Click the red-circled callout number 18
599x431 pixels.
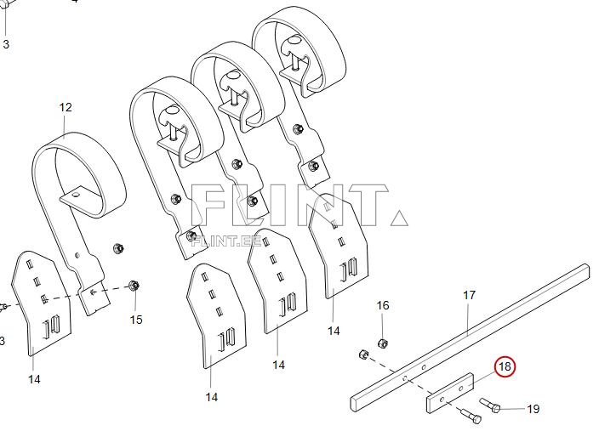pyautogui.click(x=505, y=366)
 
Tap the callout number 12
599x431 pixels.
pyautogui.click(x=66, y=107)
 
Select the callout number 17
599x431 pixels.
pyautogui.click(x=470, y=295)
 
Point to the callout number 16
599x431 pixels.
pyautogui.click(x=383, y=305)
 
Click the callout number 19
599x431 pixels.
pyautogui.click(x=533, y=409)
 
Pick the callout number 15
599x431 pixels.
pyautogui.click(x=136, y=320)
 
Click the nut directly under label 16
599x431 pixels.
pyautogui.click(x=383, y=343)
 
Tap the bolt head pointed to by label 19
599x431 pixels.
pyautogui.click(x=495, y=409)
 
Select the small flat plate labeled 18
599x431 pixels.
pyautogui.click(x=450, y=394)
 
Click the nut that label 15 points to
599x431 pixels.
pyautogui.click(x=134, y=285)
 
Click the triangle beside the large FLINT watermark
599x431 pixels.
pyautogui.click(x=399, y=218)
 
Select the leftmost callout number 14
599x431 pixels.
pyautogui.click(x=34, y=379)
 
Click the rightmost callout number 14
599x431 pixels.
pyautogui.click(x=334, y=331)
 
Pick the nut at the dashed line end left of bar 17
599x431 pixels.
pyautogui.click(x=363, y=354)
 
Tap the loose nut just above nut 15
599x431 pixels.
pyautogui.click(x=118, y=248)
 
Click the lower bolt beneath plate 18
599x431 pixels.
pyautogui.click(x=471, y=415)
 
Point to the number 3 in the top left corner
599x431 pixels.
pyautogui.click(x=6, y=44)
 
